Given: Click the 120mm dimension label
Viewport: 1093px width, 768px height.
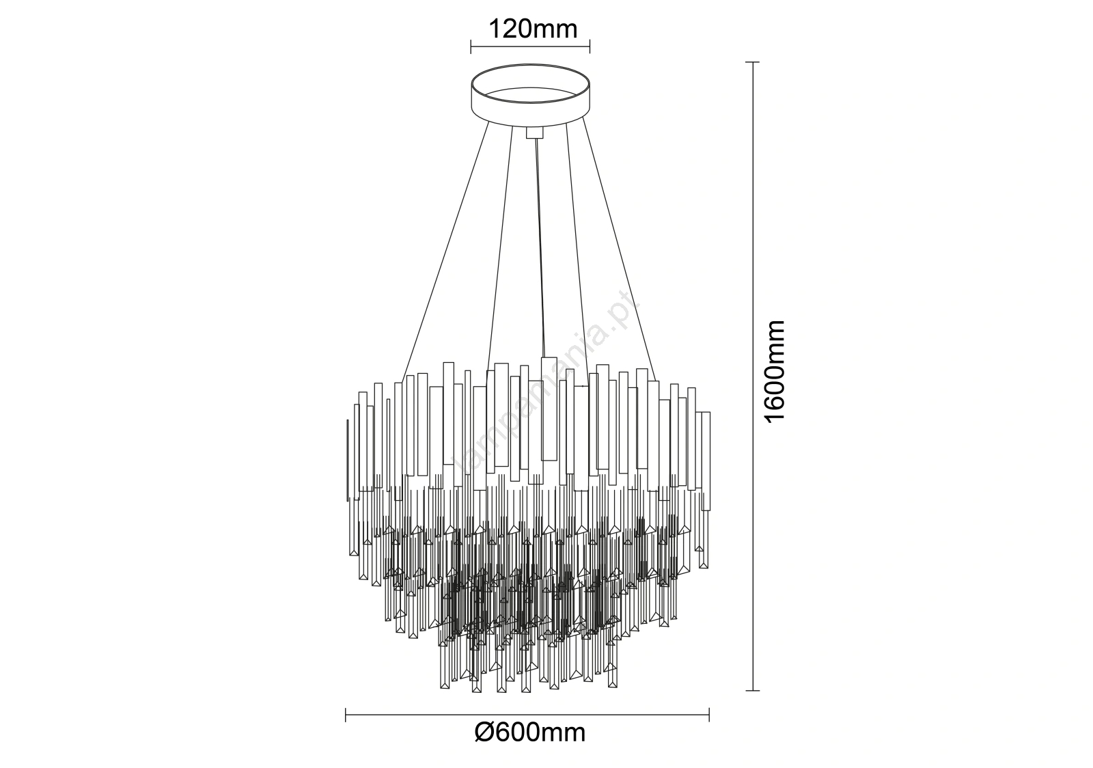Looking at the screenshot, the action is pyautogui.click(x=533, y=29).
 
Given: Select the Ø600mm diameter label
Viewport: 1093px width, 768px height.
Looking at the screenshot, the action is pyautogui.click(x=530, y=746).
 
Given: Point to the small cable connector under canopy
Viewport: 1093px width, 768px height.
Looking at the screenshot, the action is pyautogui.click(x=535, y=133).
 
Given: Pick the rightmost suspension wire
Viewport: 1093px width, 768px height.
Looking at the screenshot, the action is pyautogui.click(x=619, y=249).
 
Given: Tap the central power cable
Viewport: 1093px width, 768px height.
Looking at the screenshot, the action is pyautogui.click(x=540, y=249).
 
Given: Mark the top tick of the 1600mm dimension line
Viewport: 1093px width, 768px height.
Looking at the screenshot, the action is pyautogui.click(x=752, y=62).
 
